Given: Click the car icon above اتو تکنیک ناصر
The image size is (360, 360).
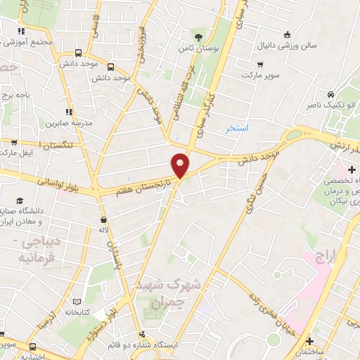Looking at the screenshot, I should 330,94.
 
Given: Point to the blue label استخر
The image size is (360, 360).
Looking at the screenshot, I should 239,129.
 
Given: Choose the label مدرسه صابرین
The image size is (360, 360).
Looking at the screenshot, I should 70,123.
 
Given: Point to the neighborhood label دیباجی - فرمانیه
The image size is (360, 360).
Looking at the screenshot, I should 32,250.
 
